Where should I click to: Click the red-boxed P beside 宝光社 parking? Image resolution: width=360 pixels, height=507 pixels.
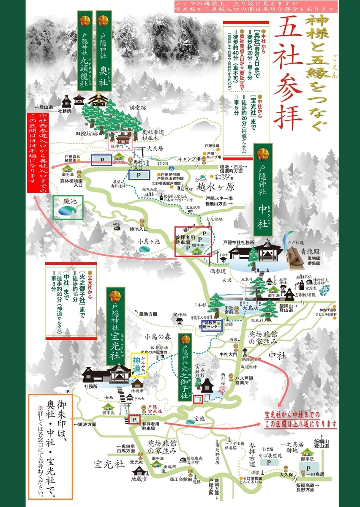point(134,420)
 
